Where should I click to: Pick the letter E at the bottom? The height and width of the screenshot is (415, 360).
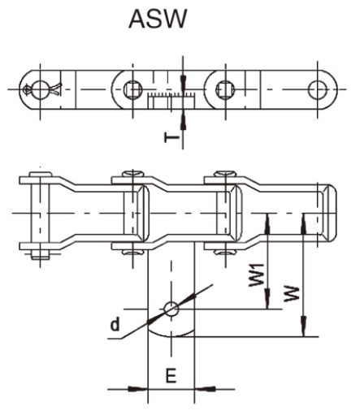pyautogui.click(x=171, y=375)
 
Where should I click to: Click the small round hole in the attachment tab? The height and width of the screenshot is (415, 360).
pyautogui.click(x=171, y=309)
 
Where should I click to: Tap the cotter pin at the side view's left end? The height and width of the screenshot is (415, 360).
pyautogui.click(x=37, y=88)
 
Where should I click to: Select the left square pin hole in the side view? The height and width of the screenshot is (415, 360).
pyautogui.click(x=132, y=87)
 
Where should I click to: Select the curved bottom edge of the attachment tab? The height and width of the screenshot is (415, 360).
pyautogui.click(x=171, y=335)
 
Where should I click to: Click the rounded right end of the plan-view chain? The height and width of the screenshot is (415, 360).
pyautogui.click(x=331, y=213)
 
